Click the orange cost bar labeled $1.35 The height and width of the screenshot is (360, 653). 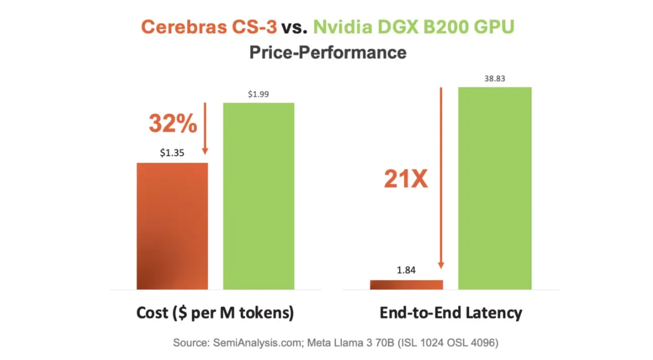tap(172, 226)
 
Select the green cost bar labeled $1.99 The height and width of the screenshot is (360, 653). tap(258, 196)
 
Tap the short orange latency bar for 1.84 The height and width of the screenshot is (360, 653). tap(406, 285)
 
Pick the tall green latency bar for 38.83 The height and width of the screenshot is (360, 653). tap(495, 188)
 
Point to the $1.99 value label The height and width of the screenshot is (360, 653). tap(258, 94)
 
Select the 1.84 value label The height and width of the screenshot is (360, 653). tap(406, 271)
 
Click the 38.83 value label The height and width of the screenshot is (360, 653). tap(495, 78)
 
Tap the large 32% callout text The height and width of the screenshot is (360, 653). tap(172, 123)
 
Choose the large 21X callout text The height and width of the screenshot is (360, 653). tap(406, 179)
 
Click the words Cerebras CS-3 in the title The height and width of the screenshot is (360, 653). tap(209, 27)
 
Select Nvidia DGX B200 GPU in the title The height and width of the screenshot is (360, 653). tap(413, 27)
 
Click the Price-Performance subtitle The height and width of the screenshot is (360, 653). tap(327, 52)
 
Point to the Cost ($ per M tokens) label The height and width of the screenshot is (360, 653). tap(215, 313)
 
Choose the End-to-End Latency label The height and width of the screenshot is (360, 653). tap(451, 313)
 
